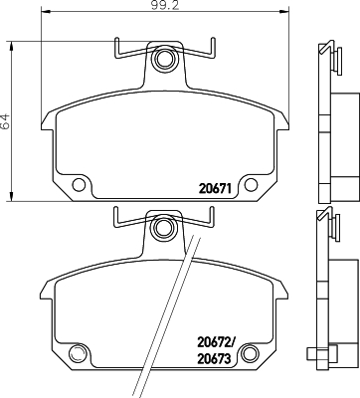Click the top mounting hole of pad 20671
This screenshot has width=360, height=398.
point(163,64)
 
